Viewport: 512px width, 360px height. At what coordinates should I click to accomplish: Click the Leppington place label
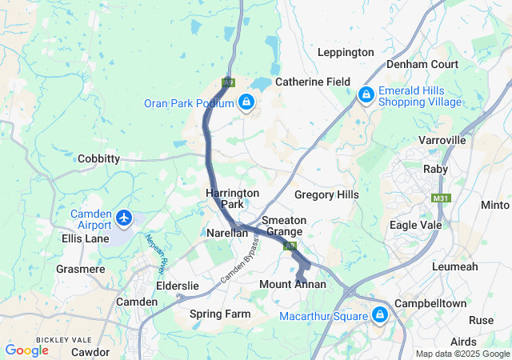pos(346,53)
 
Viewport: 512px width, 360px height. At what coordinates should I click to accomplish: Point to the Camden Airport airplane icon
pos(123,217)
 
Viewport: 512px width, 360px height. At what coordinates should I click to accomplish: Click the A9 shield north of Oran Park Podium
pos(229,82)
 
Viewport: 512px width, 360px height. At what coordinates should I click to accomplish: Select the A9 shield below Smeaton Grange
pos(290,246)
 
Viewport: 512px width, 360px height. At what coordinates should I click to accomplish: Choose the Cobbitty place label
pos(98,158)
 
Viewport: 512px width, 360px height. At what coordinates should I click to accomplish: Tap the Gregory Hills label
pos(326,194)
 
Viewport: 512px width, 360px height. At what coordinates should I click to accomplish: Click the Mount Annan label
pos(293,284)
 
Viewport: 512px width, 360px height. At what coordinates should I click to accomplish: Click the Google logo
pos(26,350)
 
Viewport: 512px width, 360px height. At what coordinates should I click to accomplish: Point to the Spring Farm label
pos(220,314)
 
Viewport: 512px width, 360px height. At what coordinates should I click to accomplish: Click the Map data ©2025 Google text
pos(462,354)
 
